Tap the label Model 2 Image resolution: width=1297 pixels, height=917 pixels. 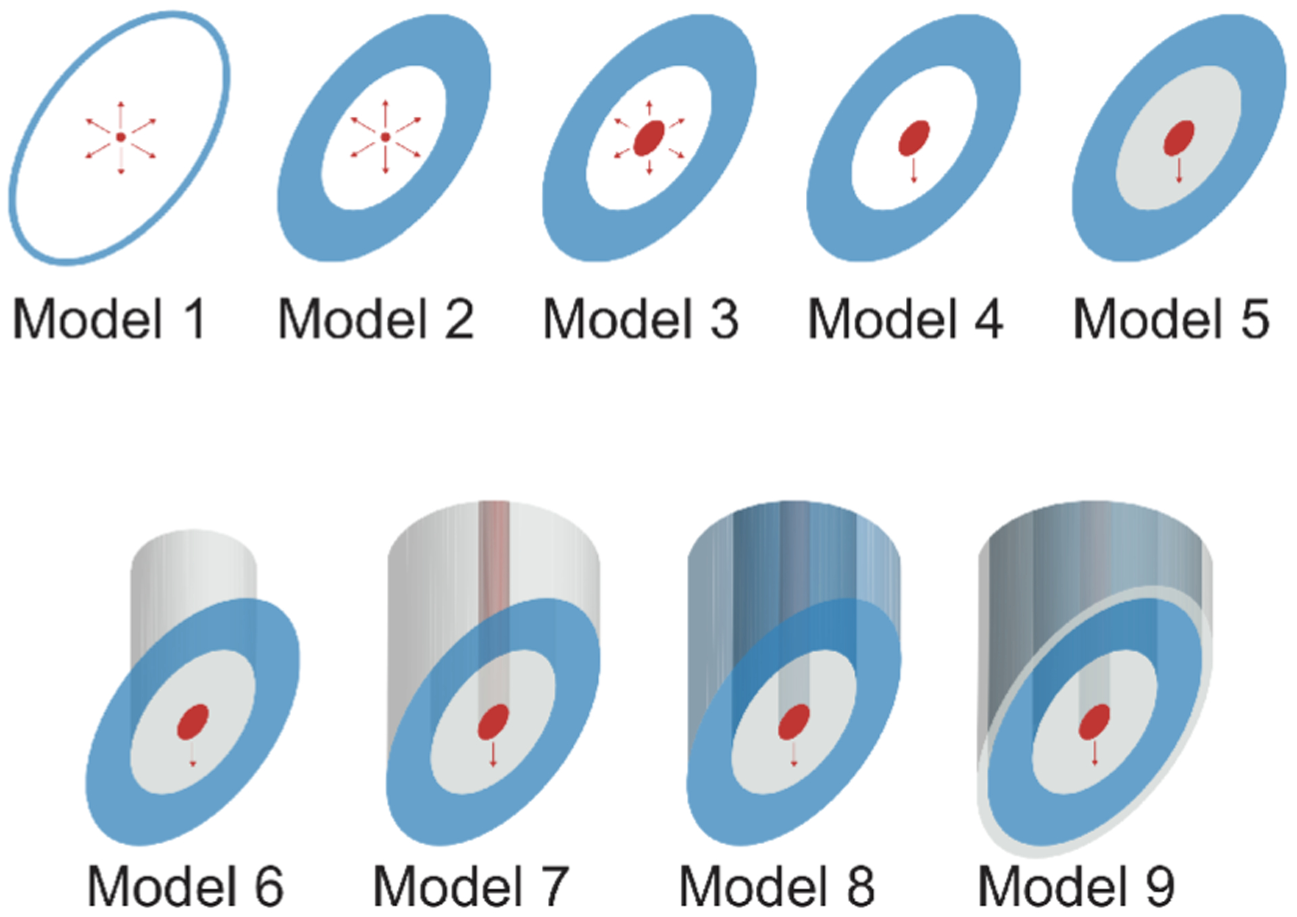[x=376, y=319]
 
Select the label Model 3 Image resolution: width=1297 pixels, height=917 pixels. [x=640, y=319]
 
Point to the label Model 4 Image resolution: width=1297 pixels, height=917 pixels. [x=905, y=319]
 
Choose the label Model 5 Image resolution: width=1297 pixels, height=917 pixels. [x=1171, y=319]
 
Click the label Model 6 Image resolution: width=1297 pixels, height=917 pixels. [x=185, y=886]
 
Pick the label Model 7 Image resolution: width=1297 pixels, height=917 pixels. [x=471, y=886]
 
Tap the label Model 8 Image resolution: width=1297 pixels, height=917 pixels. [x=777, y=886]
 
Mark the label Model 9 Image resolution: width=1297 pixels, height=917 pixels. [x=1076, y=886]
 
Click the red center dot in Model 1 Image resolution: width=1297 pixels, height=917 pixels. [x=121, y=137]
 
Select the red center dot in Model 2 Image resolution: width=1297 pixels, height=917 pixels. [x=386, y=137]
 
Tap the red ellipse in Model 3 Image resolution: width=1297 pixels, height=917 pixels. [x=649, y=138]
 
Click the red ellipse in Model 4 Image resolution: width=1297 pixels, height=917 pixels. [x=914, y=138]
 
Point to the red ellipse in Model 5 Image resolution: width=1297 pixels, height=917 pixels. [x=1179, y=138]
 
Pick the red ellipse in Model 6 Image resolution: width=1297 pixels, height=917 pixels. [x=193, y=722]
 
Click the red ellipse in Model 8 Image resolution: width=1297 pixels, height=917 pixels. [x=794, y=722]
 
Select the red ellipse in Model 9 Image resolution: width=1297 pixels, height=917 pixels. [x=1094, y=722]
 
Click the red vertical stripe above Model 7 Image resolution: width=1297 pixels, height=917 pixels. [x=494, y=554]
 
